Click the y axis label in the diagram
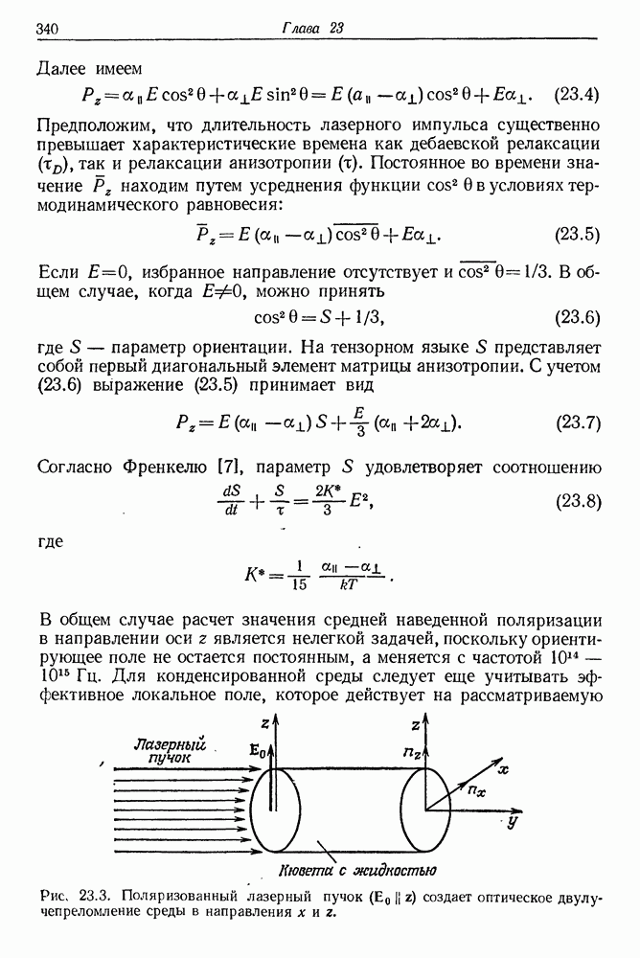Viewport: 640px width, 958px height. click(x=514, y=821)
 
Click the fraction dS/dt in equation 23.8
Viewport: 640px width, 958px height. click(x=232, y=500)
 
